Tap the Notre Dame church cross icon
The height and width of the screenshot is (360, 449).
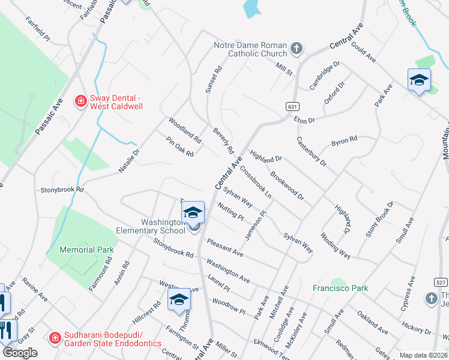[x=295, y=48]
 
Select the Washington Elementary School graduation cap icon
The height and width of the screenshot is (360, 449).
[x=192, y=212]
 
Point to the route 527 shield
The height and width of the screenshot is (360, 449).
[x=441, y=282]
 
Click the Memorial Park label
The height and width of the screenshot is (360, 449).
[x=87, y=249]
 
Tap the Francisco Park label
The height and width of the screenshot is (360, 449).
[x=340, y=288]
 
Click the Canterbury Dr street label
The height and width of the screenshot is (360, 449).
[x=311, y=151]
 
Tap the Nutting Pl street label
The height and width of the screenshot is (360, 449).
[x=231, y=211]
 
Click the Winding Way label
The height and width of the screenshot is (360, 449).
[x=335, y=245]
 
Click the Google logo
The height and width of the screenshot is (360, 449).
[x=20, y=352]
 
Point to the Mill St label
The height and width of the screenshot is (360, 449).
[x=283, y=70]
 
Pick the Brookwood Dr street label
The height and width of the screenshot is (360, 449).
[x=287, y=187]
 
